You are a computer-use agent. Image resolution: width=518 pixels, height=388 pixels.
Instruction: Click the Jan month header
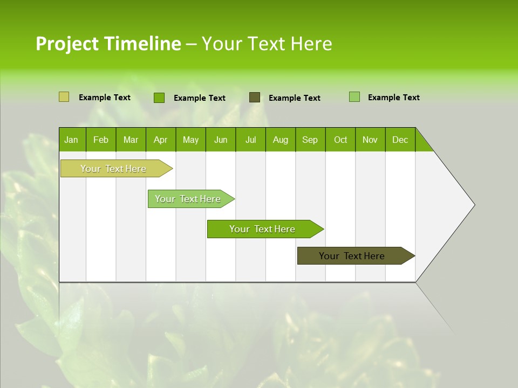[x=72, y=140]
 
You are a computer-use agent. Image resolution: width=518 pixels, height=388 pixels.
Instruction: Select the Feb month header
[x=101, y=140]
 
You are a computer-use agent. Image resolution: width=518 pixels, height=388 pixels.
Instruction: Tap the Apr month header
[x=161, y=140]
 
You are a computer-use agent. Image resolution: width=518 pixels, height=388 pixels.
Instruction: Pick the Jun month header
[x=221, y=140]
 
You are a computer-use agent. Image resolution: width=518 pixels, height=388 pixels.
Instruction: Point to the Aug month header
[x=281, y=140]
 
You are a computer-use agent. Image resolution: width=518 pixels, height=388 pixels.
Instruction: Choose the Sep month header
[x=310, y=140]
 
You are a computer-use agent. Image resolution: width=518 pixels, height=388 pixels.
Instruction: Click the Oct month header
[x=340, y=140]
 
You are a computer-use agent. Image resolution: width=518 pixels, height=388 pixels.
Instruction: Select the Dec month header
[x=400, y=140]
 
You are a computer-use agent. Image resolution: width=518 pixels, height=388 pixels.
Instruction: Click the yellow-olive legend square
[x=64, y=97]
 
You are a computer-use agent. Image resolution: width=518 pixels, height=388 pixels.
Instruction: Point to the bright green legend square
[x=159, y=98]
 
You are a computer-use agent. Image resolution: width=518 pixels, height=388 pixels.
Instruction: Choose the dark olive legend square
[x=255, y=97]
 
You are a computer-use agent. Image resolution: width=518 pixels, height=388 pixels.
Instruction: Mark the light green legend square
[x=355, y=97]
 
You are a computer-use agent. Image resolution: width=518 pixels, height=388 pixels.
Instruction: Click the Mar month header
[x=131, y=140]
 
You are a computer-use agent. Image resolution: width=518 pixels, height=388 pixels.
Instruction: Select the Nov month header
[x=370, y=140]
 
